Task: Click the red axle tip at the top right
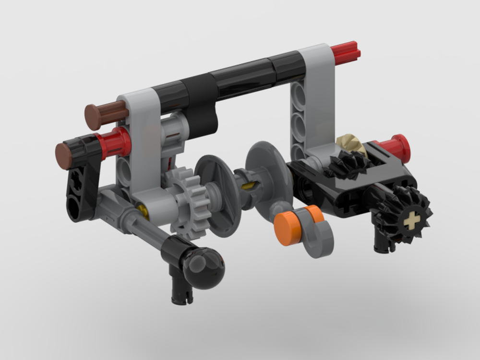click(x=347, y=53)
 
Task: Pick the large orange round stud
click(x=287, y=229)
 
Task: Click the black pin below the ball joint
click(x=180, y=288)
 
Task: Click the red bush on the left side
click(x=116, y=143)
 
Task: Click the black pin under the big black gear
click(x=382, y=242)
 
